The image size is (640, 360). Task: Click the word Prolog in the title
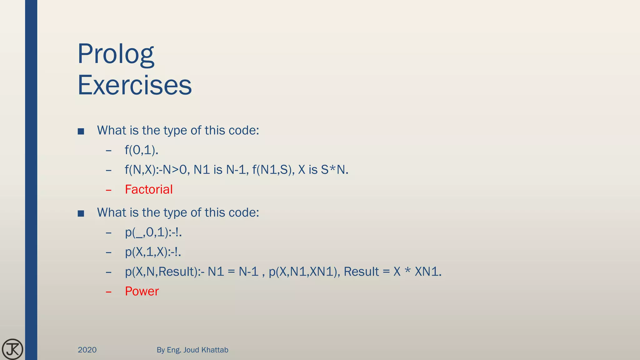click(x=116, y=54)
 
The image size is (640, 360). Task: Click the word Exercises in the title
click(x=135, y=85)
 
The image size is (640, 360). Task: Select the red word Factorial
click(x=149, y=189)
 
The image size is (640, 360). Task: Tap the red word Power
click(x=142, y=291)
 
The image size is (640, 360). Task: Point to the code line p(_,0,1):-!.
click(x=153, y=232)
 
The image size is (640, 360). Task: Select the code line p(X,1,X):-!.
click(x=153, y=252)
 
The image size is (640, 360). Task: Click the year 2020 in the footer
click(x=87, y=350)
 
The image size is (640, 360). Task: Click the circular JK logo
click(x=12, y=349)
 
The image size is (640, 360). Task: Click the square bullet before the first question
click(x=81, y=131)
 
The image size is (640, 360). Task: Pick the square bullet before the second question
click(x=81, y=213)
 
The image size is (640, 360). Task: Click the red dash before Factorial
click(x=109, y=190)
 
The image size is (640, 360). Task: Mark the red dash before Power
click(x=109, y=292)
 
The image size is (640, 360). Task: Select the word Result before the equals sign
click(x=361, y=272)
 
